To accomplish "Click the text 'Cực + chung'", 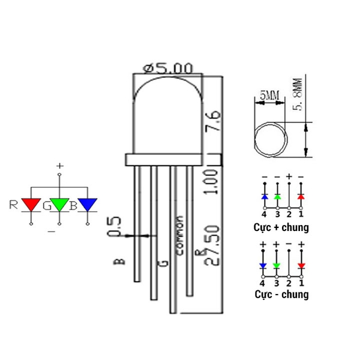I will (281, 227).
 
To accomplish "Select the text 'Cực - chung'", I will (281, 294).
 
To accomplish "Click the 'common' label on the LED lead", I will (178, 235).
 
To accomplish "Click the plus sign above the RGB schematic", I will (59, 165).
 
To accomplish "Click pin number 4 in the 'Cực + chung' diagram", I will (264, 214).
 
